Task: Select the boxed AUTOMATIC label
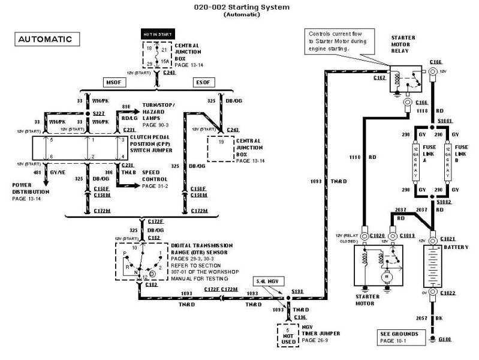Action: pyautogui.click(x=45, y=40)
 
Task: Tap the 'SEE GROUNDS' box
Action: pyautogui.click(x=399, y=336)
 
